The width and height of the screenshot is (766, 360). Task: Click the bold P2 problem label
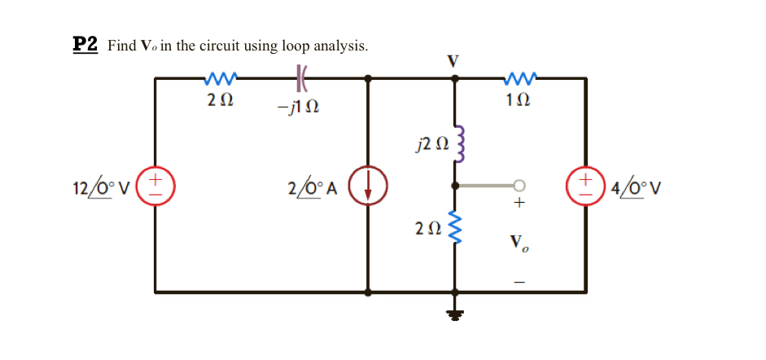tap(85, 45)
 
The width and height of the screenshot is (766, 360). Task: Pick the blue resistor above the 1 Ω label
tap(518, 78)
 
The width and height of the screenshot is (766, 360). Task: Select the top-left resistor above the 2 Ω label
tap(221, 78)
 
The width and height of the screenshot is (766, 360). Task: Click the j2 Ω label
tap(431, 145)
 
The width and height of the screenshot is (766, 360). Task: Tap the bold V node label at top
tap(454, 60)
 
